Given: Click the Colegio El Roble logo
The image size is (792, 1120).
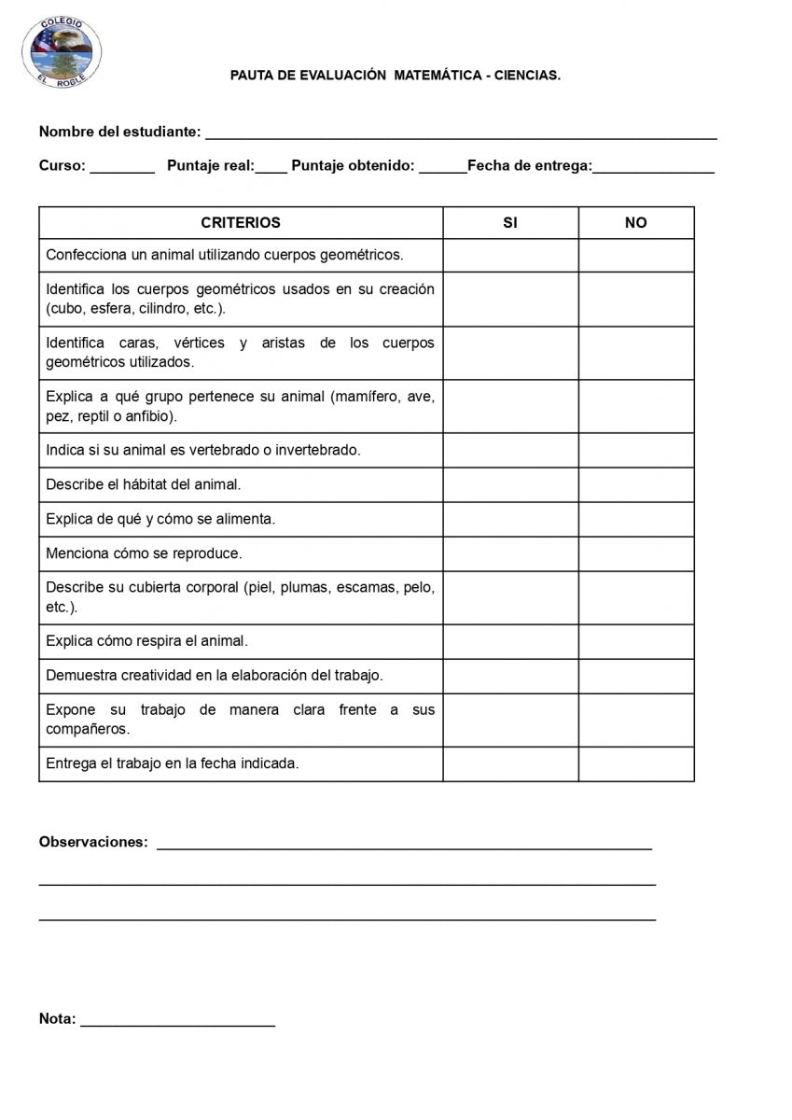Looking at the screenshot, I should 63,51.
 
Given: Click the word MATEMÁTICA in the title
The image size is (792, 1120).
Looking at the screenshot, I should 437,76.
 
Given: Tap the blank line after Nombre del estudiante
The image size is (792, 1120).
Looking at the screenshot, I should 461,134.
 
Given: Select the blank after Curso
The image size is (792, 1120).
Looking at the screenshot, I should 122,168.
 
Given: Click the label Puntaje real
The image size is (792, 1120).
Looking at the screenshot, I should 210,166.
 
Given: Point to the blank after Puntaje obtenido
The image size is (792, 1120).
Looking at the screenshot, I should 442,168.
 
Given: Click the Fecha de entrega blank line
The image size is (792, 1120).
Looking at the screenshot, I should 653,168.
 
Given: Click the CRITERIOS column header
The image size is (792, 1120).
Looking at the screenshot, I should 240,223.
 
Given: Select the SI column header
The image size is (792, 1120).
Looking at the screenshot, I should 510,223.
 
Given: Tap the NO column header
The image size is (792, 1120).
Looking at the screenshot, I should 636,223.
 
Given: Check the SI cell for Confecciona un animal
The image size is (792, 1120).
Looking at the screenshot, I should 510,255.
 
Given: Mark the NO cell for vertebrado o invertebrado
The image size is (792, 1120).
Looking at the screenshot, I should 636,450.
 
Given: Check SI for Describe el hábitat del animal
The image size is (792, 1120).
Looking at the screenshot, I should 510,484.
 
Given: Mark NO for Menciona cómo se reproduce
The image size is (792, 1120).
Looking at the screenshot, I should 636,553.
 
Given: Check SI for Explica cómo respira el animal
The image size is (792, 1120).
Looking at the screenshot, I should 510,641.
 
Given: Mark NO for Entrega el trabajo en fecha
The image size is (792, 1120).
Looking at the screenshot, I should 636,763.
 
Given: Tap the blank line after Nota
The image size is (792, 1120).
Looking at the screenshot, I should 177,1021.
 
